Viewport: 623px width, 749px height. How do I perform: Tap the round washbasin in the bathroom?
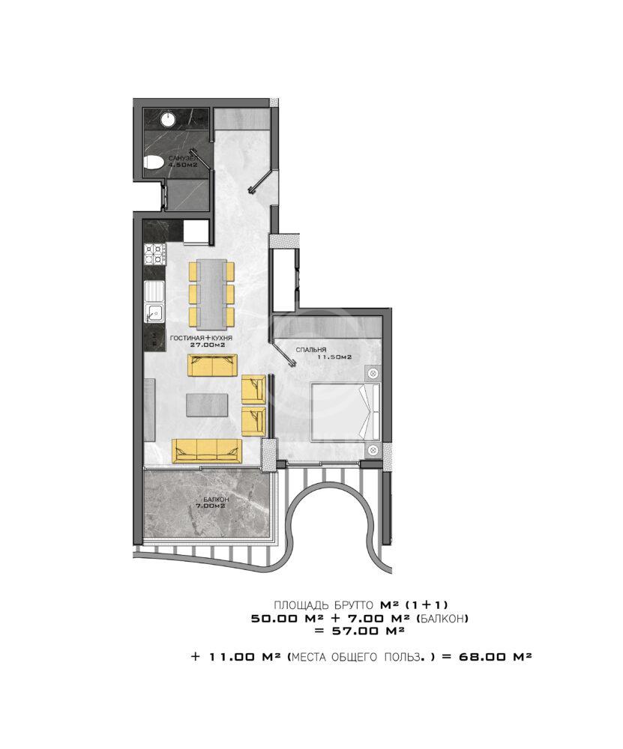(x=168, y=119)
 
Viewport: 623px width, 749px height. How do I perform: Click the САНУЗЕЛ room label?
(x=181, y=157)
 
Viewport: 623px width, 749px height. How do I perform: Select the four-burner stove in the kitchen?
(x=154, y=254)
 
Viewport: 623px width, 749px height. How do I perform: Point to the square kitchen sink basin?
(x=154, y=313)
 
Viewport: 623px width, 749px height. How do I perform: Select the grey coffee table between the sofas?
(x=207, y=404)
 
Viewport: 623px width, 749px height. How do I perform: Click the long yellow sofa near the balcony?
(x=207, y=451)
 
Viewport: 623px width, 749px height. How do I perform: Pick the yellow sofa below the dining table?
(x=212, y=366)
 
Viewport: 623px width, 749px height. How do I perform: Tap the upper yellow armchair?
(x=253, y=389)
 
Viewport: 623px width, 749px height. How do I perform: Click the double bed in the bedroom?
(x=345, y=410)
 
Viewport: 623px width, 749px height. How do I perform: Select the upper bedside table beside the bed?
(x=373, y=372)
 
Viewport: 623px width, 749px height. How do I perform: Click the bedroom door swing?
(x=282, y=353)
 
